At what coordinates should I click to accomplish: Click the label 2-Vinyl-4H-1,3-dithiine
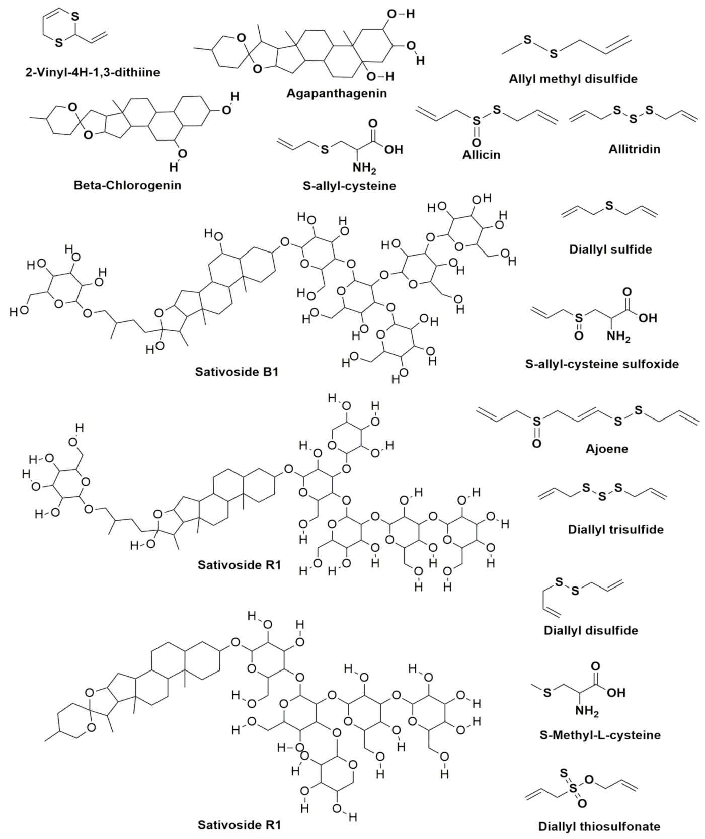pyautogui.click(x=93, y=72)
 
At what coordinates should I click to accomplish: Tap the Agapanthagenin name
pyautogui.click(x=337, y=93)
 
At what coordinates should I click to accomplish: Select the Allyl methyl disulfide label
pyautogui.click(x=573, y=79)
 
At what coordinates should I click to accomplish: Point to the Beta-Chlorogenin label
pyautogui.click(x=127, y=185)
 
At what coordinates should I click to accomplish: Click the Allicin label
pyautogui.click(x=481, y=154)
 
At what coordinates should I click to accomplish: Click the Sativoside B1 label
pyautogui.click(x=237, y=372)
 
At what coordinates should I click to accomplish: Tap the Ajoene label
pyautogui.click(x=607, y=448)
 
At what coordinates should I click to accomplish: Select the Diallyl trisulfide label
pyautogui.click(x=615, y=529)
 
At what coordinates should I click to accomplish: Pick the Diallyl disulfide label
pyautogui.click(x=591, y=630)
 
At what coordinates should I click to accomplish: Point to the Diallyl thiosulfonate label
pyautogui.click(x=599, y=826)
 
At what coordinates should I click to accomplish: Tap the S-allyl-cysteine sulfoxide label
pyautogui.click(x=602, y=363)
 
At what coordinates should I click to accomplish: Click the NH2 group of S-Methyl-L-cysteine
pyautogui.click(x=587, y=712)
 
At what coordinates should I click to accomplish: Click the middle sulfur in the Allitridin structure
pyautogui.click(x=633, y=120)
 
